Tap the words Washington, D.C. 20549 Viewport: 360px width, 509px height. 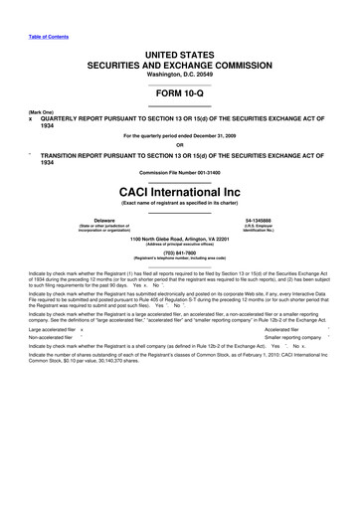[x=179, y=63]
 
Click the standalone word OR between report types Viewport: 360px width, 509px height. [x=179, y=144]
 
